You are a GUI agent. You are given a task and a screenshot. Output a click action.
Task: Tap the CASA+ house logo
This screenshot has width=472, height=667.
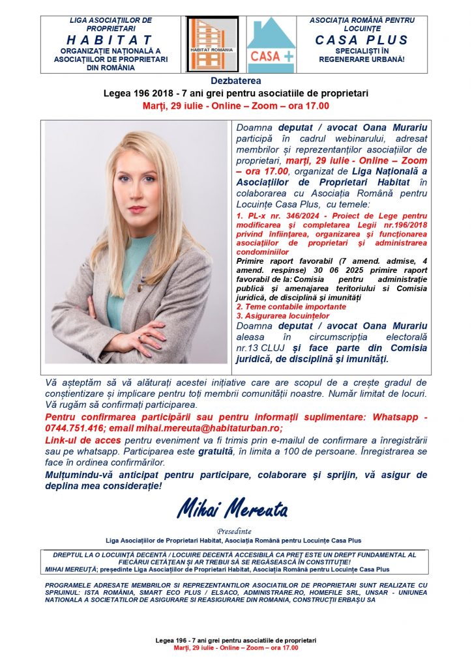271,44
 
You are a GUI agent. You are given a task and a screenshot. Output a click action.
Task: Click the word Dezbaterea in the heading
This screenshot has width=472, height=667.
235,81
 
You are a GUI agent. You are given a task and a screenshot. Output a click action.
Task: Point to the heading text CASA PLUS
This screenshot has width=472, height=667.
361,40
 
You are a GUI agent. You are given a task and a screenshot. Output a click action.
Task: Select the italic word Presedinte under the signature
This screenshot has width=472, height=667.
235,530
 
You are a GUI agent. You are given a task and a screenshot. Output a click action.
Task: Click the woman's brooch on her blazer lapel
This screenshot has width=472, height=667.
140,287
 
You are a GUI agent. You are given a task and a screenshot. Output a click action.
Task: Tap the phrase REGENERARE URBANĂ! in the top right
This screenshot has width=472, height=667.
361,59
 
